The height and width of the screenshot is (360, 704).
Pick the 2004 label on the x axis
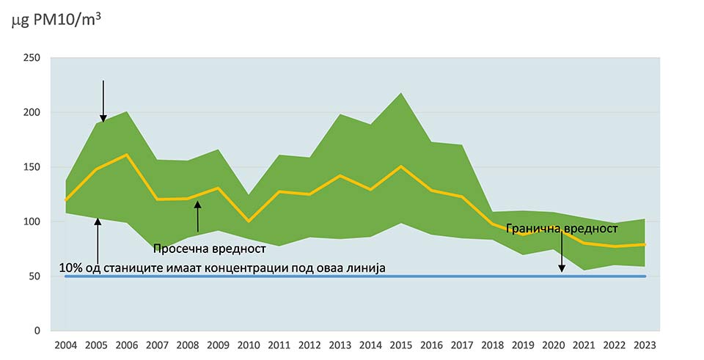pyautogui.click(x=65, y=345)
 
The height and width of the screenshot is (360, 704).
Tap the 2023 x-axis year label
pyautogui.click(x=645, y=345)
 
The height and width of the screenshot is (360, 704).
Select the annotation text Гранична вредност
pyautogui.click(x=557, y=229)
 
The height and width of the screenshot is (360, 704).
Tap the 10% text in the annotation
pyautogui.click(x=70, y=269)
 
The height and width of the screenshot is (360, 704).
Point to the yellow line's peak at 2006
pyautogui.click(x=127, y=155)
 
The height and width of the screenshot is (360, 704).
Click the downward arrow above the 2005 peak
pyautogui.click(x=103, y=100)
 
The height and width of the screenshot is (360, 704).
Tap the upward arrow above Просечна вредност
pyautogui.click(x=197, y=217)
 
